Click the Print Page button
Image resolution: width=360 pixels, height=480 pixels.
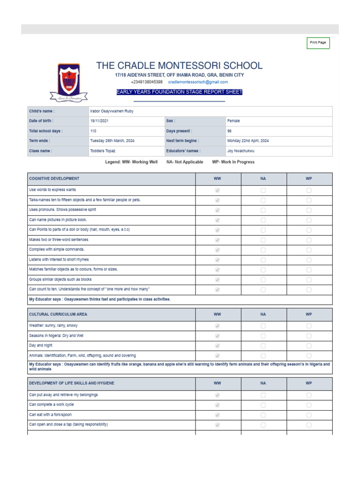pos(318,43)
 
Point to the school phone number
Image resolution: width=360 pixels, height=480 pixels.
pos(147,82)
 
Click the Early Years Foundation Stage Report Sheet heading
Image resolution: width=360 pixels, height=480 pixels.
pos(180,92)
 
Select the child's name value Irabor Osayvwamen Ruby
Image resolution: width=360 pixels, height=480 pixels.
pos(112,112)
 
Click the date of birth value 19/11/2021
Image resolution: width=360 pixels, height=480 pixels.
pos(99,121)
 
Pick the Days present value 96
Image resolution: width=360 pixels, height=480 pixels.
pos(229,131)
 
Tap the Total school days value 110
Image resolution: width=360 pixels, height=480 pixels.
pos(93,131)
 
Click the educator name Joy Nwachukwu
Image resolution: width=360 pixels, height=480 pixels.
pos(241,151)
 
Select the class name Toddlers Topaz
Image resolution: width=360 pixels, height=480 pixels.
pos(103,151)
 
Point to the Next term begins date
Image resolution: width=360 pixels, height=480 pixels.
pos(248,141)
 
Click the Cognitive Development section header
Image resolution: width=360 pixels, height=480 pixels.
pos(54,179)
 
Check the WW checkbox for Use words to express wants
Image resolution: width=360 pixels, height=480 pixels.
pos(217,190)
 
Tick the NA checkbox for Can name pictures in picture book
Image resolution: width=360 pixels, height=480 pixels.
pos(263,220)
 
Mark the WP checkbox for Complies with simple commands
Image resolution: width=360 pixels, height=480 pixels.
pos(309,250)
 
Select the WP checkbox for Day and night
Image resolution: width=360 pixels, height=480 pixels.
pos(309,346)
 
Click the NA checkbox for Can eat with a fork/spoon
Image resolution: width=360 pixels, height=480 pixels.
pos(263,415)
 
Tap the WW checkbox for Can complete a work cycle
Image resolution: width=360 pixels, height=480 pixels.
pos(217,405)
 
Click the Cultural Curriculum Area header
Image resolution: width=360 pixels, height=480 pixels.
pos(58,314)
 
